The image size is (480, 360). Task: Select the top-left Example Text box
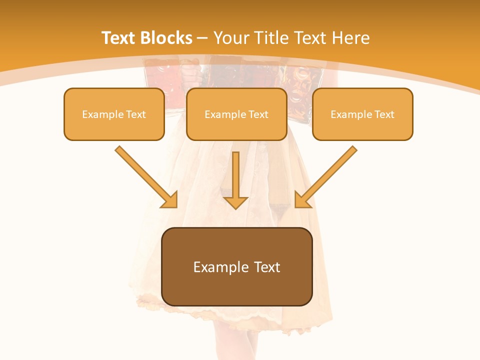(x=114, y=114)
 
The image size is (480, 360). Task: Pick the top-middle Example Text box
(x=236, y=114)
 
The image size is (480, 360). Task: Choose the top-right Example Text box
(x=362, y=114)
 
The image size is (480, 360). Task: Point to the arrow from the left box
(x=145, y=176)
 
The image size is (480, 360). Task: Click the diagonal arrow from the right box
(x=327, y=176)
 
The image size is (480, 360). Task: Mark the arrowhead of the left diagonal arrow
(x=170, y=200)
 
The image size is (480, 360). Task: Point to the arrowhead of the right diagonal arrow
(x=301, y=200)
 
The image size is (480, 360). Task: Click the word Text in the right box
(x=384, y=114)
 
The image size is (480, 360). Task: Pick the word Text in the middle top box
(x=258, y=114)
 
